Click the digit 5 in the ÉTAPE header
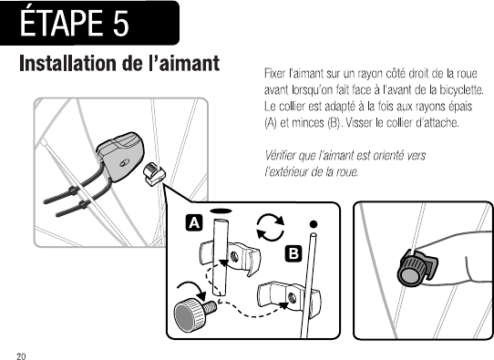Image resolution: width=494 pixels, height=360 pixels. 120,23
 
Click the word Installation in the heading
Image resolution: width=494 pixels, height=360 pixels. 67,63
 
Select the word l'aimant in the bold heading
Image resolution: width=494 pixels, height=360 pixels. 184,63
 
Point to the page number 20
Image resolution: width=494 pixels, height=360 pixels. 22,356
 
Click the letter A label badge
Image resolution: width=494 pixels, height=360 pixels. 194,223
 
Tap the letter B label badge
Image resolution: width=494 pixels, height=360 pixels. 293,254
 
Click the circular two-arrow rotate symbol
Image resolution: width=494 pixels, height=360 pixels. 271,227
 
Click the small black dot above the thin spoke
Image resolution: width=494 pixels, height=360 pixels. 314,224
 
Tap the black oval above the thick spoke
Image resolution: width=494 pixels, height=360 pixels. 221,211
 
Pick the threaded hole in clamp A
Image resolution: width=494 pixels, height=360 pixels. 233,256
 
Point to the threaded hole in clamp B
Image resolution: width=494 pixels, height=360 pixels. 292,297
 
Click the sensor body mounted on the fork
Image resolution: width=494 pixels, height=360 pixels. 120,157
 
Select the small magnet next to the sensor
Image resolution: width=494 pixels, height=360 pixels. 154,174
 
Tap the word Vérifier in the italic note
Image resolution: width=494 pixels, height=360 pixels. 279,156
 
